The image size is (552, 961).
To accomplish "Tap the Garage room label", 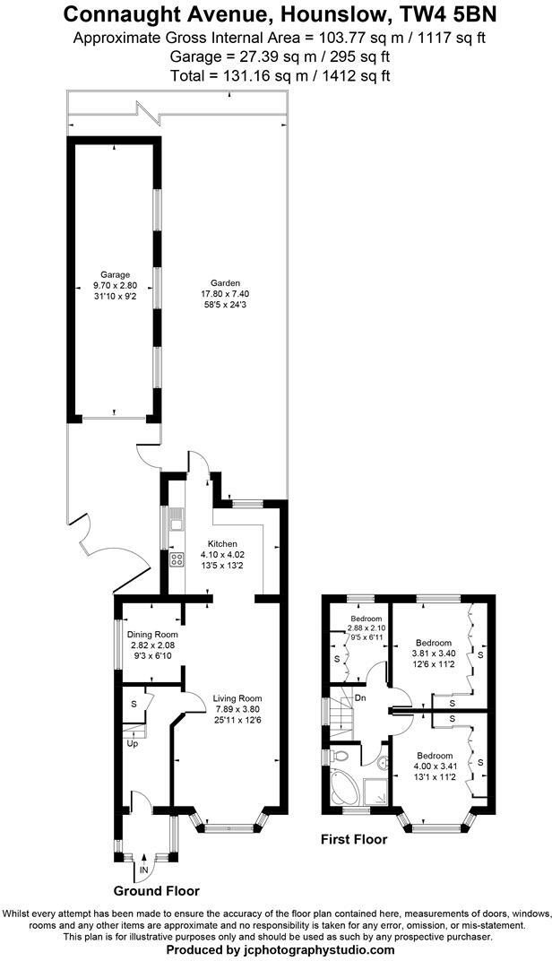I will click(x=115, y=274).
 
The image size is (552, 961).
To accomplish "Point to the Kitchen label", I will click(x=222, y=544).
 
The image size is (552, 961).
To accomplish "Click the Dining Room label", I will click(x=146, y=635).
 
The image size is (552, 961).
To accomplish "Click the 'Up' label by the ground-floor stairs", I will click(x=132, y=744).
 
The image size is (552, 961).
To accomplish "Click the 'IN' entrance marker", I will click(x=143, y=870).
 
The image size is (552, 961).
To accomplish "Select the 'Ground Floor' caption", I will click(x=156, y=891).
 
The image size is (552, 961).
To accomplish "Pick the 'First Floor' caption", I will click(x=354, y=840).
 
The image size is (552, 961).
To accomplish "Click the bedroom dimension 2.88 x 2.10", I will click(x=366, y=628).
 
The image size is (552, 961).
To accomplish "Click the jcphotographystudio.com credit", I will click(x=305, y=950).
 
